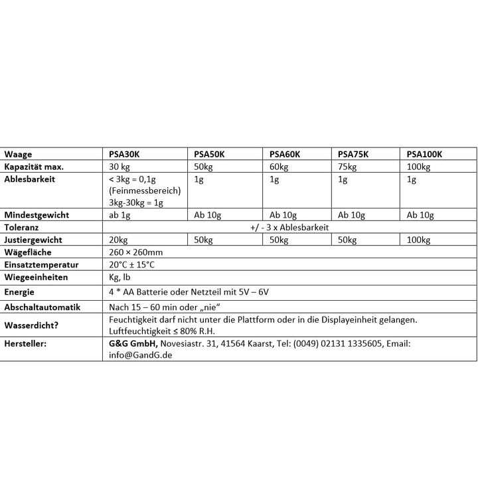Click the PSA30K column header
(124, 154)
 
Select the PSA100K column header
(424, 154)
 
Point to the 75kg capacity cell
(347, 167)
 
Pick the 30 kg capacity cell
(120, 167)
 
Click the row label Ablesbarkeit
(29, 179)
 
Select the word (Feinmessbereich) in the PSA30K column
(144, 191)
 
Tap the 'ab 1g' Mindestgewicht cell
(121, 215)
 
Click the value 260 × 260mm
(135, 252)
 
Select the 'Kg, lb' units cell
(120, 277)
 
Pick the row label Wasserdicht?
(33, 325)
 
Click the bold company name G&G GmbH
(133, 343)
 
